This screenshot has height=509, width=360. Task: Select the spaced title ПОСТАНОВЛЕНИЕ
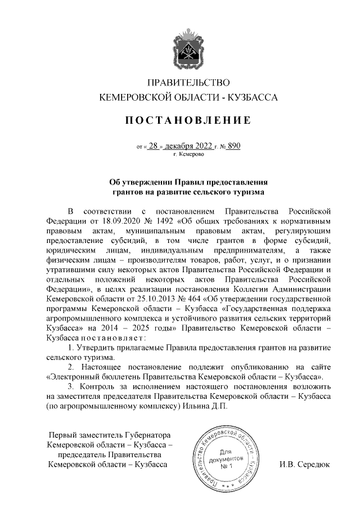point(180,120)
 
